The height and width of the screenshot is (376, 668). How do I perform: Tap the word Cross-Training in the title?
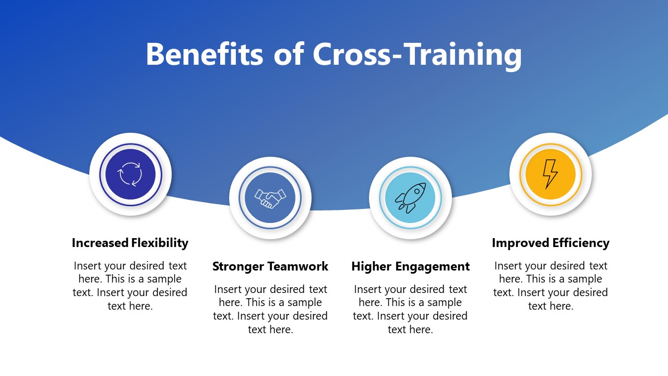417,54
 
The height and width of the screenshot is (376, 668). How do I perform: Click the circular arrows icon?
130,174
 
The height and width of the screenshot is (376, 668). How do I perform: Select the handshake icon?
270,198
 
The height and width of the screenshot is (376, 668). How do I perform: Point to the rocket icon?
410,198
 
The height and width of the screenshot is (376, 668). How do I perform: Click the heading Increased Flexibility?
130,243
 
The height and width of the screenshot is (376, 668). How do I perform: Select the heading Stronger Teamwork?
270,266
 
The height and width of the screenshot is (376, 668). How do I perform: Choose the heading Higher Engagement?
410,266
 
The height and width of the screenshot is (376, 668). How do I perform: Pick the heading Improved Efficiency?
551,243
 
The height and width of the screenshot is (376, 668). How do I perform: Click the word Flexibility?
160,243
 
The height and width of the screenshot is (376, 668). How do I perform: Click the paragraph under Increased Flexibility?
130,286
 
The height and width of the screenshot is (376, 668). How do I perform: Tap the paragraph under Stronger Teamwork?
270,309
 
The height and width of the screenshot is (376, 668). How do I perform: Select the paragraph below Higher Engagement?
410,309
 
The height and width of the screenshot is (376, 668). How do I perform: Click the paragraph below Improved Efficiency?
551,286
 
